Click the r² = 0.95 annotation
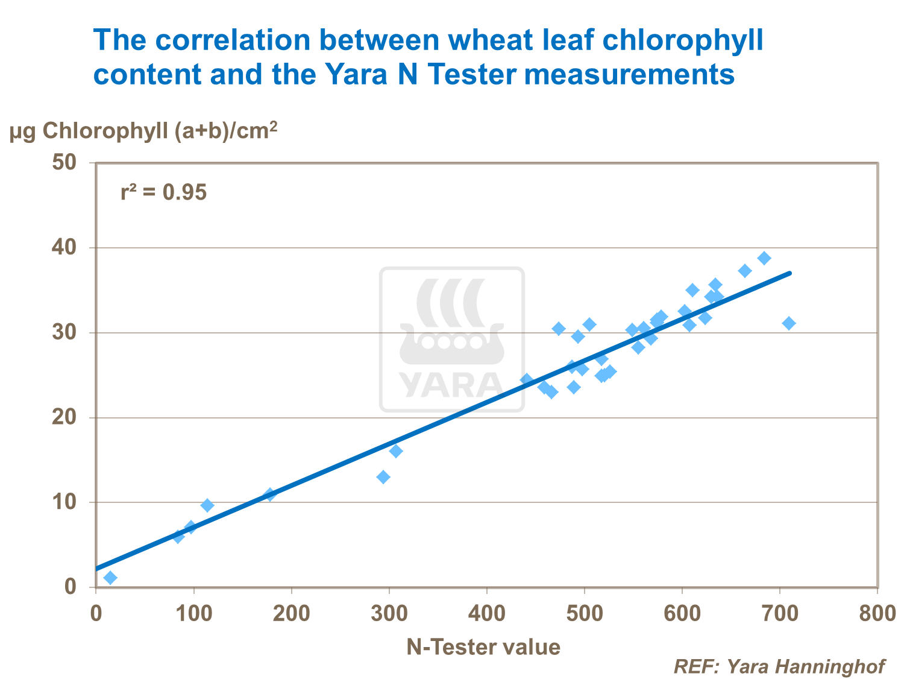163,193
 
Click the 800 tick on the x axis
877,613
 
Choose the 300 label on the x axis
389,613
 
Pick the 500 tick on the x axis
585,613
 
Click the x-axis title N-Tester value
483,647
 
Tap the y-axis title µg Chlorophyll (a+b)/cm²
143,131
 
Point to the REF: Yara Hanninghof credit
779,666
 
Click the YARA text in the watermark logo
451,385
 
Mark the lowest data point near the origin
110,578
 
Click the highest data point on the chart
764,258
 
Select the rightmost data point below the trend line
789,323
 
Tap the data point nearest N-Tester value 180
270,494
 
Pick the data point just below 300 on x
383,477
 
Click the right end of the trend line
789,273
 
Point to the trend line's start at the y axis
96,568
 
